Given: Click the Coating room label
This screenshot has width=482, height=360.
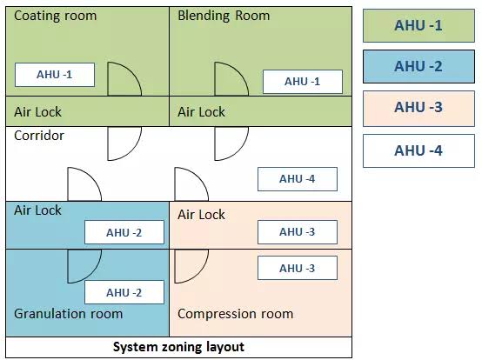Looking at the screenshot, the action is point(56,16).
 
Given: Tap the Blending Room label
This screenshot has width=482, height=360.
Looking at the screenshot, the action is point(224,16).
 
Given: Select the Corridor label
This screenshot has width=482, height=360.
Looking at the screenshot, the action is point(39,136).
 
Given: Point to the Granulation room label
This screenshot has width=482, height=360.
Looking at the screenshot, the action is point(68,314).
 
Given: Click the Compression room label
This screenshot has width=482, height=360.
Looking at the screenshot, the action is point(235,314).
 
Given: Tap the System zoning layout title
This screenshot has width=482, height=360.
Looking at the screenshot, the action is point(178,347).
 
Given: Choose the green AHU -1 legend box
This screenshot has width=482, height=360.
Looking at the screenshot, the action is point(418,25).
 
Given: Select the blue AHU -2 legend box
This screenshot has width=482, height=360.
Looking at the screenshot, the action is point(418,66).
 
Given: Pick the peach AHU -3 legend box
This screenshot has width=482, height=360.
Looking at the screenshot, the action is point(418,108).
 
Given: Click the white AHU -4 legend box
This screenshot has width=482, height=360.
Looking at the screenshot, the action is point(418,150).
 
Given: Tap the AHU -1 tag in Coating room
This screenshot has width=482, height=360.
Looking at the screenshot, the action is point(55,75).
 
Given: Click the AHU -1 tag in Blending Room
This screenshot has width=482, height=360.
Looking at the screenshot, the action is point(303,82).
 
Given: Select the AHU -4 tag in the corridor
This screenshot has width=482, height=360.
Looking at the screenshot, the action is point(298,179).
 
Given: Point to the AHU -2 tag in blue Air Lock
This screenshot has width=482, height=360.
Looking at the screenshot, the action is point(124,232).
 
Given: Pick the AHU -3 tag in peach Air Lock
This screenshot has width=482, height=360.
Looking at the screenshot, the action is point(298,232).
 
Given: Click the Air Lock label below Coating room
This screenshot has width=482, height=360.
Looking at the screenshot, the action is point(37,112).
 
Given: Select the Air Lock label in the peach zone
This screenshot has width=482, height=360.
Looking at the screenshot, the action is point(201,215).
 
